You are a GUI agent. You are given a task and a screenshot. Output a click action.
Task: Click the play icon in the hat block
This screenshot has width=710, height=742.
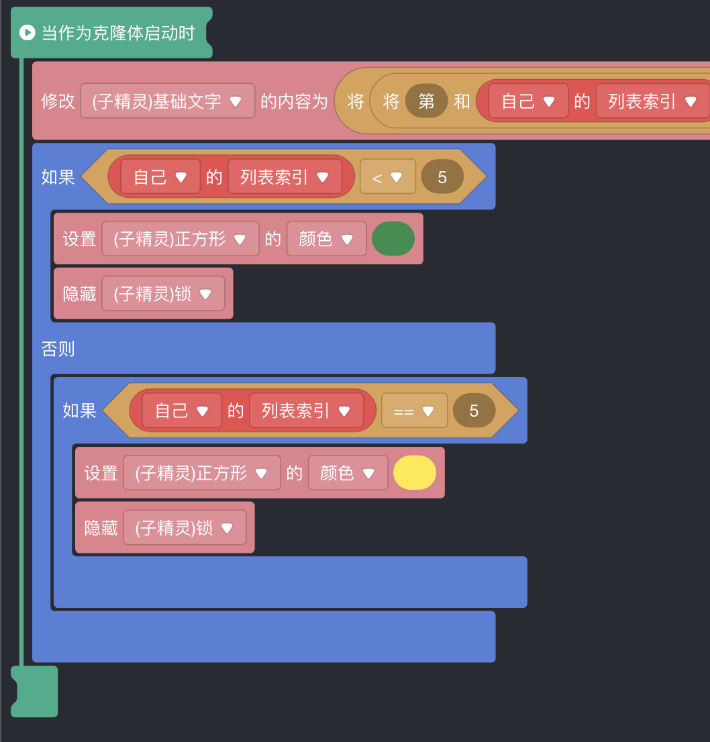point(27,32)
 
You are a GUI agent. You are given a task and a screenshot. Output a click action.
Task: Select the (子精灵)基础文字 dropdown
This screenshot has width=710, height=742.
point(167,101)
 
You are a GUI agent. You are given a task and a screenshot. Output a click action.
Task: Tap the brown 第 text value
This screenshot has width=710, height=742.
point(426,101)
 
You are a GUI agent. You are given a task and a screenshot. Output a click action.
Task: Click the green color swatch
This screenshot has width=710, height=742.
point(393,239)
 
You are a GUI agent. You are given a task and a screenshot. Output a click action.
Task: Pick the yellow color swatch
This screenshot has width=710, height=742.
point(415,472)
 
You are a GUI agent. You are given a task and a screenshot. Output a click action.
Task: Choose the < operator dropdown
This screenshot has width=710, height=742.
point(387,177)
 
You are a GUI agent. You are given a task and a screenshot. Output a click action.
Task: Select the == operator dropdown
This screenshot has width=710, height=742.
point(414,411)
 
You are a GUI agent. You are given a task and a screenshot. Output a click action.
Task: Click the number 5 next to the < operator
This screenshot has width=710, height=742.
point(442,177)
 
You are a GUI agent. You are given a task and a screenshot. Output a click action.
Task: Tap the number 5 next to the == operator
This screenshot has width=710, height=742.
point(474,411)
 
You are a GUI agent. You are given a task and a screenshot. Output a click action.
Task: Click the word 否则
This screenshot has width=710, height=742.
point(58,349)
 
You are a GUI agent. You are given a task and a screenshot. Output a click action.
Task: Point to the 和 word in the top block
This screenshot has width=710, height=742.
point(462,101)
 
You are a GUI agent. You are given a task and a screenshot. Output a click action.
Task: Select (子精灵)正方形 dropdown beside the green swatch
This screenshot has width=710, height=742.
point(180,239)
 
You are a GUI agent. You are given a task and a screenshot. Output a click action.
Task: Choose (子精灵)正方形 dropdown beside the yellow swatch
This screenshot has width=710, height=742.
point(201,472)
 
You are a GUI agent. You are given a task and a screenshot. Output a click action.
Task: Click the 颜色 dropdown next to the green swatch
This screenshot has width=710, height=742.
point(326,239)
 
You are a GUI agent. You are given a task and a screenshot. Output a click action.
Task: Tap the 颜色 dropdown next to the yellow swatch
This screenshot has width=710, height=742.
point(348,472)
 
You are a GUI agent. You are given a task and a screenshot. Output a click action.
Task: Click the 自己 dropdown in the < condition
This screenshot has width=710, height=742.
point(160,177)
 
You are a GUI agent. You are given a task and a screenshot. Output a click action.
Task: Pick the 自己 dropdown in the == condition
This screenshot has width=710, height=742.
point(181,411)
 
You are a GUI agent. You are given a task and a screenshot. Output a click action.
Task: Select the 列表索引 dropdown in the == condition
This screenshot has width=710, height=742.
point(306,411)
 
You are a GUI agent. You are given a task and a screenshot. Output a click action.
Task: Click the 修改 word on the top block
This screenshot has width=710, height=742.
point(58,101)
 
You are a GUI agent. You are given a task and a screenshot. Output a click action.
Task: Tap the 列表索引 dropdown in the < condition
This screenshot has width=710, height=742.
point(285,177)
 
